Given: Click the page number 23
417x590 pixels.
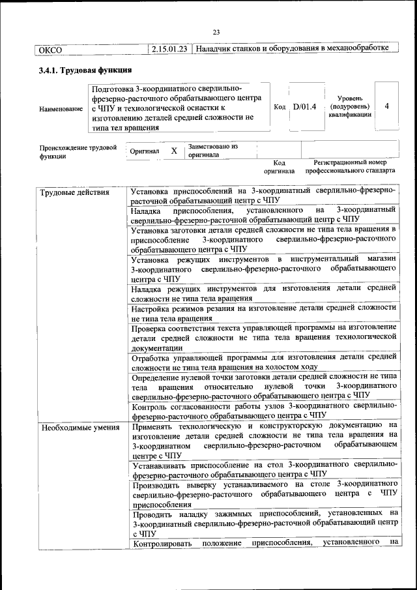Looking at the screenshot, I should (x=216, y=33).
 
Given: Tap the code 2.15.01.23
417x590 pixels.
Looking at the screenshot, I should (x=169, y=49).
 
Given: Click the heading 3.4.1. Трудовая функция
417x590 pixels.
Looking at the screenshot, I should (x=85, y=70).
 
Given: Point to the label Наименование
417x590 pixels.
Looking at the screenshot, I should (x=61, y=109).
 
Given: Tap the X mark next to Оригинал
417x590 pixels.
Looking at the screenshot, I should (x=174, y=151).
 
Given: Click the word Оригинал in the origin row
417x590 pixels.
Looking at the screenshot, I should (x=145, y=151).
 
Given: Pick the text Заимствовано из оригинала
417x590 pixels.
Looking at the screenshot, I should (x=212, y=151).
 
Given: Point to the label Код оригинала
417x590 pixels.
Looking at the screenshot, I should (x=280, y=167).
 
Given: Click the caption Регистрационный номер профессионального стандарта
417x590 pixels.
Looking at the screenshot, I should (x=351, y=167).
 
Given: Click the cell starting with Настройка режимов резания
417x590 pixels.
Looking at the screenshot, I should (x=263, y=312).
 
